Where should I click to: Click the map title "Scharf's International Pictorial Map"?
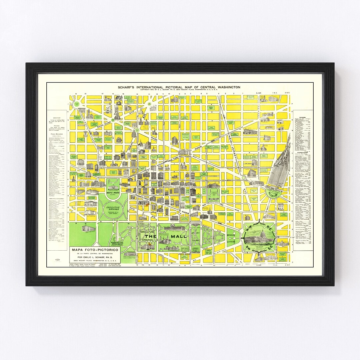[x=179, y=87]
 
